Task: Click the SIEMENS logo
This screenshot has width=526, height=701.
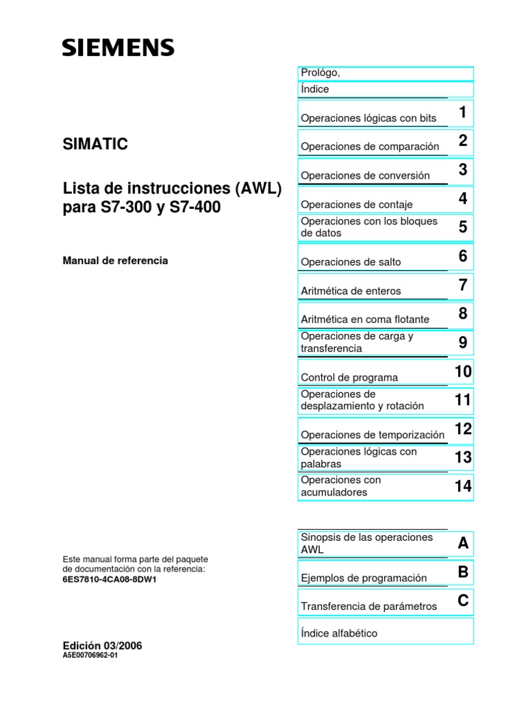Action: click(x=118, y=47)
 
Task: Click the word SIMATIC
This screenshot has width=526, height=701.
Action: click(x=95, y=144)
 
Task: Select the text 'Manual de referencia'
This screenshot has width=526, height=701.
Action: click(x=115, y=261)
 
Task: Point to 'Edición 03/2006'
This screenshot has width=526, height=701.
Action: click(x=102, y=646)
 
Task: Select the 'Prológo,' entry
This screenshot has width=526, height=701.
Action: click(x=320, y=73)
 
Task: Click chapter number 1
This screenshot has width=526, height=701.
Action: click(x=463, y=112)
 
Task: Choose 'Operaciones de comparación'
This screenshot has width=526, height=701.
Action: click(x=370, y=146)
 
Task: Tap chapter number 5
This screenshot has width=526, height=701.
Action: click(x=463, y=227)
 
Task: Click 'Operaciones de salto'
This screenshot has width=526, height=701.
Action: click(x=351, y=262)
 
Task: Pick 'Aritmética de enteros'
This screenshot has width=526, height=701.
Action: click(x=351, y=291)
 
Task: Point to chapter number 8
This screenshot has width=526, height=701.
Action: click(x=463, y=314)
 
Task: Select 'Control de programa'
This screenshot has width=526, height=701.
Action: click(x=349, y=377)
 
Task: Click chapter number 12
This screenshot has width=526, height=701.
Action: click(x=463, y=429)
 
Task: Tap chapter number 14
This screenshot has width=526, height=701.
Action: click(x=463, y=486)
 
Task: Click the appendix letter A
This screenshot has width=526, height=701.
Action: click(x=463, y=544)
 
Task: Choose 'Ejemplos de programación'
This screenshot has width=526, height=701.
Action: click(x=364, y=578)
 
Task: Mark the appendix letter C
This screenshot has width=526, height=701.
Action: click(x=463, y=601)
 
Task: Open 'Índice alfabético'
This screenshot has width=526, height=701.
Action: click(x=339, y=633)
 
